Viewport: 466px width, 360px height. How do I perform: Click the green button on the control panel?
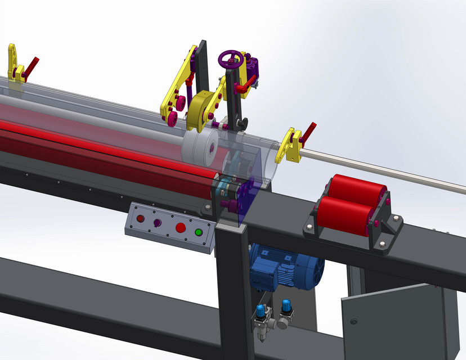[198, 232]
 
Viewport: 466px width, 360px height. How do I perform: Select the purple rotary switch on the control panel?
[157, 223]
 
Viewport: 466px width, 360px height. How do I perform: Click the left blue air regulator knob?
[260, 310]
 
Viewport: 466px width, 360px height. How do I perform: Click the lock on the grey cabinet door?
[354, 322]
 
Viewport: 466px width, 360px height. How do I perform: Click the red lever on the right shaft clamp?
[308, 132]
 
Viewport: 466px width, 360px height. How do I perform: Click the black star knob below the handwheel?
[242, 123]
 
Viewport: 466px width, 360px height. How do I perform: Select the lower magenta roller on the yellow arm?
[170, 118]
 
